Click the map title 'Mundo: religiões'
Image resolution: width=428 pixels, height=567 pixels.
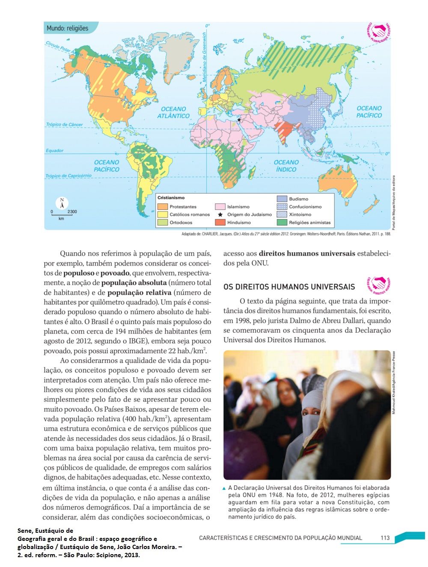pyautogui.click(x=67, y=28)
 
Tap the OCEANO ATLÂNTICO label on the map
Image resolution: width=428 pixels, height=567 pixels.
pyautogui.click(x=173, y=113)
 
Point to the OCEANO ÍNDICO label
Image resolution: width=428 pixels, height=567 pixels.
pyautogui.click(x=286, y=166)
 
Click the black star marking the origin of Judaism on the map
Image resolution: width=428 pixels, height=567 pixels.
pyautogui.click(x=239, y=120)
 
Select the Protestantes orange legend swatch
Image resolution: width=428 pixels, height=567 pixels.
pyautogui.click(x=163, y=206)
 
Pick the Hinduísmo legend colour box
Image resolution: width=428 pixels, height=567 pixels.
pyautogui.click(x=220, y=222)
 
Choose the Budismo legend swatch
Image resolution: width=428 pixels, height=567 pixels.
pyautogui.click(x=282, y=199)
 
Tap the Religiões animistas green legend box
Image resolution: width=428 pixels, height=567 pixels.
pyautogui.click(x=282, y=222)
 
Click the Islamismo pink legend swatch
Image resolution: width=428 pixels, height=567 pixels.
pyautogui.click(x=220, y=206)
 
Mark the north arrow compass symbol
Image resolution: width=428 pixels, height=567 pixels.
pyautogui.click(x=62, y=203)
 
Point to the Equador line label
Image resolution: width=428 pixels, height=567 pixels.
pyautogui.click(x=55, y=151)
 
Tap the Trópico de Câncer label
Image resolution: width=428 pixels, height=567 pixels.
pyautogui.click(x=65, y=125)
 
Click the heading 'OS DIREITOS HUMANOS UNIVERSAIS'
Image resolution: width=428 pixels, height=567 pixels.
pyautogui.click(x=289, y=287)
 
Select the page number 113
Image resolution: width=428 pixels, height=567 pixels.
pyautogui.click(x=385, y=537)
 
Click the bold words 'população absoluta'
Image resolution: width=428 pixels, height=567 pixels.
pyautogui.click(x=134, y=283)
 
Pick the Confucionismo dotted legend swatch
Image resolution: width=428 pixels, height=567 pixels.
pyautogui.click(x=282, y=206)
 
